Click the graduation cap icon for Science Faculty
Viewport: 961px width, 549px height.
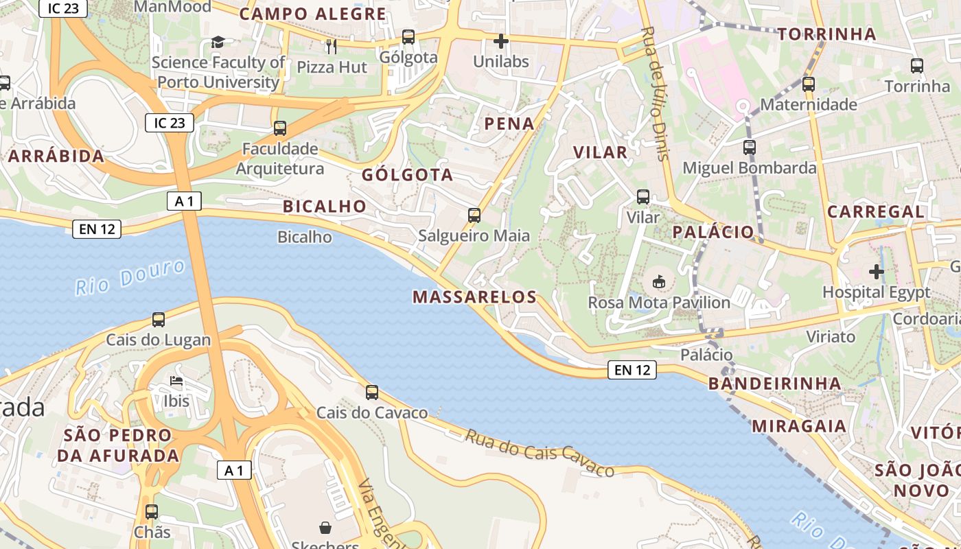pos(218,43)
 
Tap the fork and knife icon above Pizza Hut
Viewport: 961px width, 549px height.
pos(332,46)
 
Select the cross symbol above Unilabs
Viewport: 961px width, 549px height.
pos(501,41)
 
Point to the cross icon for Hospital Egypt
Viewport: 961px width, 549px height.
pos(876,272)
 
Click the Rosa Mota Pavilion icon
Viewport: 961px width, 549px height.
pos(658,281)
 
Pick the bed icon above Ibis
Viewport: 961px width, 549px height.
pos(176,381)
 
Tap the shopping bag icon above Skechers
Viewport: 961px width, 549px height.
pos(325,528)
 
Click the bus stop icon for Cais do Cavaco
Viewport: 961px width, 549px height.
pos(372,393)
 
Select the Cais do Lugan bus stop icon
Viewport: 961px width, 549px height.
pos(159,320)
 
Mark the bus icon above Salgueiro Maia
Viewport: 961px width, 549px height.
pos(474,215)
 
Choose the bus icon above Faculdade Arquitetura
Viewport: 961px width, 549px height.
pos(279,128)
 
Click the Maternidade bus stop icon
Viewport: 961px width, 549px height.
pos(809,84)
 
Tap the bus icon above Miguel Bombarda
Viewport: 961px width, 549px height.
pos(749,148)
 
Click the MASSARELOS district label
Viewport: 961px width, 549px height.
pos(474,297)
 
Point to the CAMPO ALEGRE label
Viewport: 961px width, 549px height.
pos(312,14)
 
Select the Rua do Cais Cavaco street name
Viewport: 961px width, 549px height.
pos(540,453)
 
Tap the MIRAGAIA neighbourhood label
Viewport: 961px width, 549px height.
pos(799,426)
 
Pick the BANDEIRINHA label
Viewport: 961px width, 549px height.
pos(775,384)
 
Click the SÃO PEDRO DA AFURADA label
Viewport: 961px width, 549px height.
pos(118,445)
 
